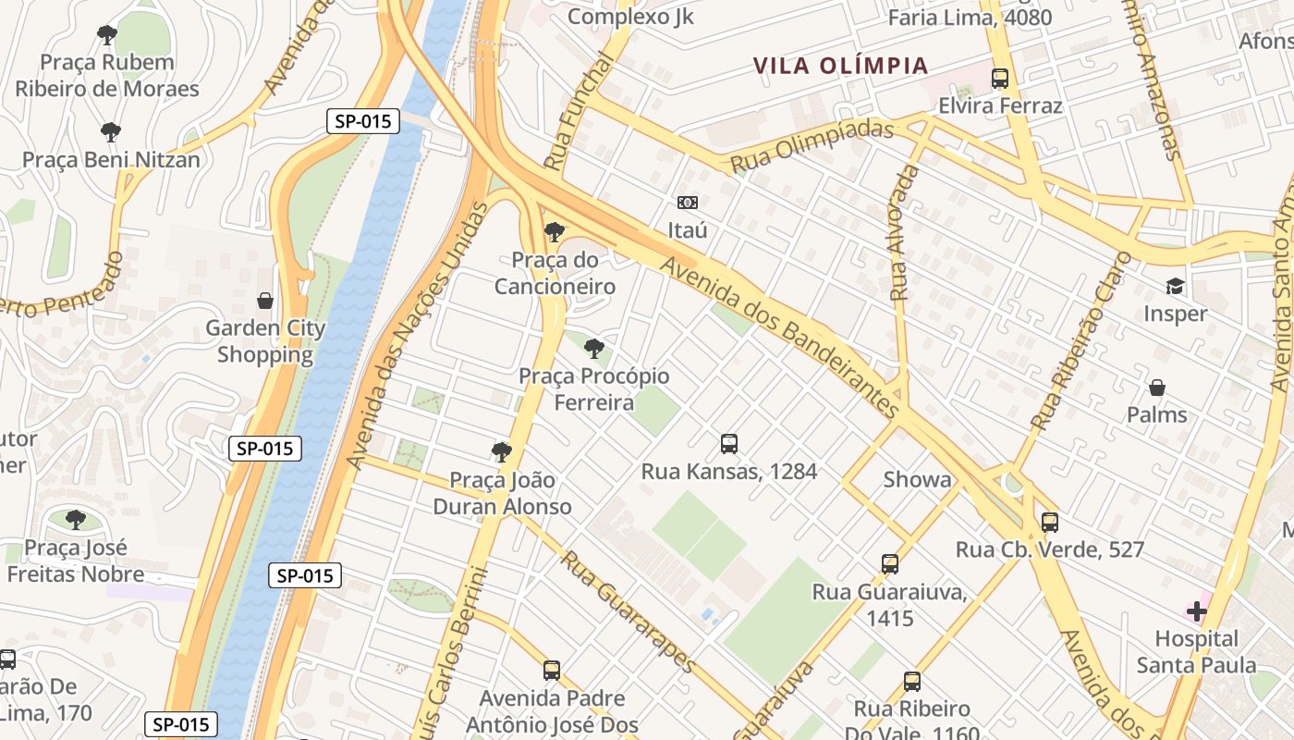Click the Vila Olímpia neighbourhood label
[x=840, y=66]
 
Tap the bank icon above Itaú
[x=688, y=203]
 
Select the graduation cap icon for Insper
[x=1175, y=287]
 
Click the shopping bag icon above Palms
[x=1156, y=388]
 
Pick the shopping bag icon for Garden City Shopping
[x=265, y=301]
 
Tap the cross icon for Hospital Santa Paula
[x=1197, y=610]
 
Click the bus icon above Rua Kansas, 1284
[x=729, y=444]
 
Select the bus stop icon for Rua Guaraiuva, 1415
[x=889, y=563]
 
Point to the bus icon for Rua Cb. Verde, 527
[x=1050, y=522]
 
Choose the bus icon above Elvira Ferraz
[x=1000, y=79]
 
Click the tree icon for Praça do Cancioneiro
[x=555, y=232]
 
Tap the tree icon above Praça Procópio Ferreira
[x=594, y=349]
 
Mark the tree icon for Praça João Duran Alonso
[x=502, y=452]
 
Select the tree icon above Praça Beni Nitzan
[x=111, y=132]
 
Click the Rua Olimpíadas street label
[x=812, y=145]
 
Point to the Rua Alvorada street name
[x=904, y=233]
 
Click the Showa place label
[x=917, y=479]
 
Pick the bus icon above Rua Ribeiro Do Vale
[x=912, y=682]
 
